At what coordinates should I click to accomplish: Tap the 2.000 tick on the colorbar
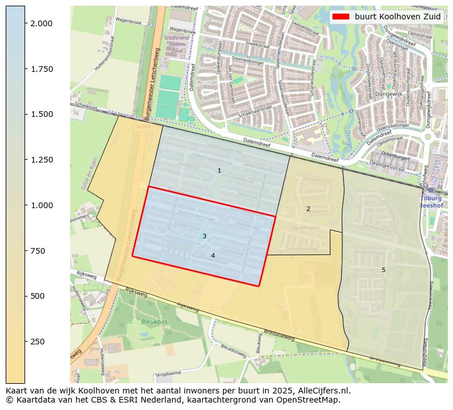41,23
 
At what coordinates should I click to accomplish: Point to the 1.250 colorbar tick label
41,160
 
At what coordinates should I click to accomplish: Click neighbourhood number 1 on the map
219,171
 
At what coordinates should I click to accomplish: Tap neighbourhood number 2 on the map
308,209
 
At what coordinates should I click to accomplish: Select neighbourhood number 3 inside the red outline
204,236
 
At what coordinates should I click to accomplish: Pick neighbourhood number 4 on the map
213,255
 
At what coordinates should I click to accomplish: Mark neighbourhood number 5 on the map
383,270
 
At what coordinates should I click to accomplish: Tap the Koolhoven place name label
306,227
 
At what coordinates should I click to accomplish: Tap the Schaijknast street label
86,107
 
